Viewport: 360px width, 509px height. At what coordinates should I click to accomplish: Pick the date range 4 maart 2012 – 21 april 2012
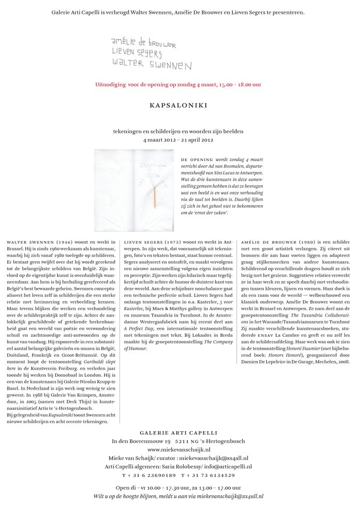click(x=178, y=140)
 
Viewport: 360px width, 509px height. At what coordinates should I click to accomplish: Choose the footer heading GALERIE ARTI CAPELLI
click(x=179, y=432)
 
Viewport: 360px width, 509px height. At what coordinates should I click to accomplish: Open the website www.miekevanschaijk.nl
click(x=179, y=449)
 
